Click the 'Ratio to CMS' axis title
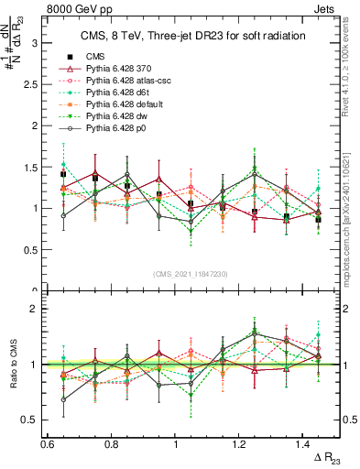tap(12, 364)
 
